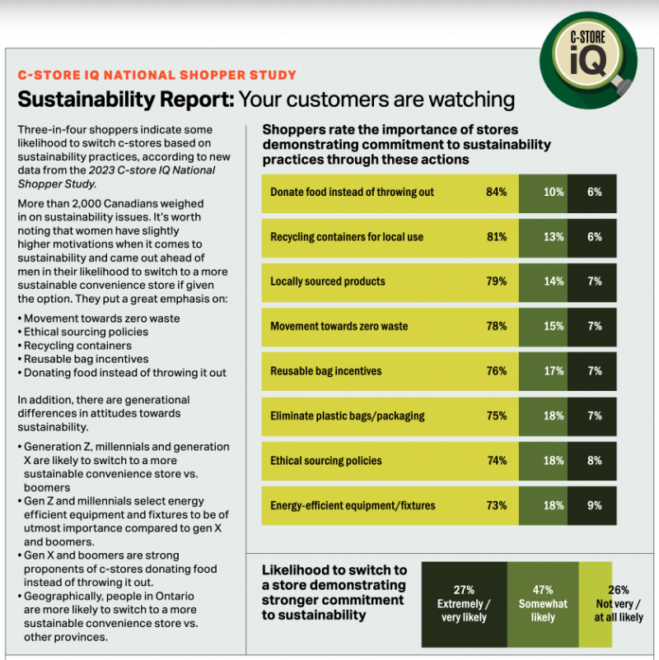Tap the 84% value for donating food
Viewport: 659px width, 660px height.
click(496, 192)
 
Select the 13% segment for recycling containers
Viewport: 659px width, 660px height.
click(554, 237)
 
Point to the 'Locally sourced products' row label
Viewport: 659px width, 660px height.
click(328, 281)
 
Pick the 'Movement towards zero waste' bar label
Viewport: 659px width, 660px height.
click(339, 327)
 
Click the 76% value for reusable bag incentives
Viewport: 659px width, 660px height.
click(496, 371)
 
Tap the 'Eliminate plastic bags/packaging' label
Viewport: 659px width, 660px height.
click(348, 416)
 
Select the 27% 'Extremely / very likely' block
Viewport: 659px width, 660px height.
click(464, 603)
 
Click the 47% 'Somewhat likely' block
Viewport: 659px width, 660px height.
click(543, 603)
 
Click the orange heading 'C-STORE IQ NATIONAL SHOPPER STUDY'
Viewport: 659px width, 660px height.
click(157, 75)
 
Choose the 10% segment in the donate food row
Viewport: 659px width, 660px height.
click(554, 192)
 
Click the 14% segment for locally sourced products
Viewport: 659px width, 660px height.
click(554, 281)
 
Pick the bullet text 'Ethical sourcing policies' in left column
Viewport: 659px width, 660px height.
click(86, 332)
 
